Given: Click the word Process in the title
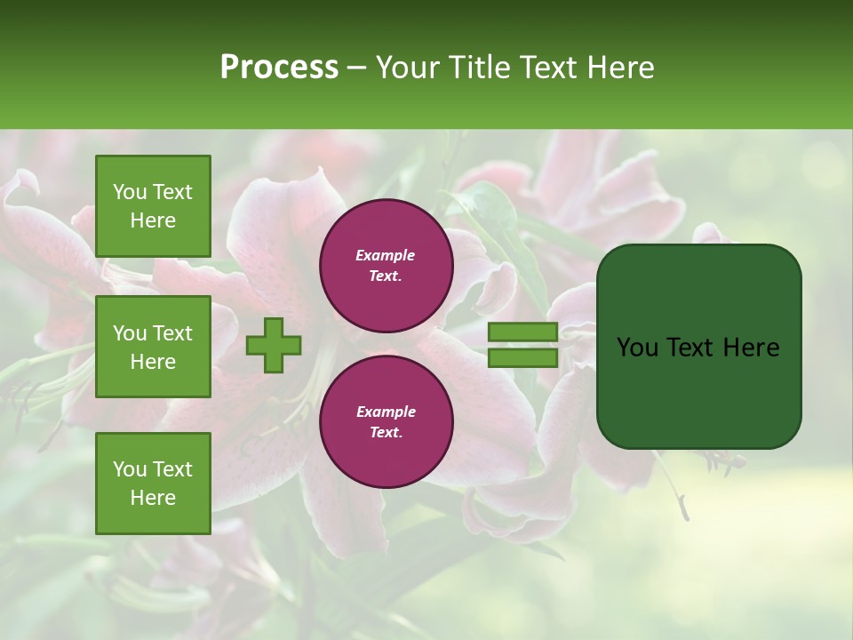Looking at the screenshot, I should (279, 68).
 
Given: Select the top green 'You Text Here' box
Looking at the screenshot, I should (153, 206).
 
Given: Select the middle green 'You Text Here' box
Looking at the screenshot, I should (153, 347).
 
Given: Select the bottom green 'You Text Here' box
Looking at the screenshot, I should (153, 484).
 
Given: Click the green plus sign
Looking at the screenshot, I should (274, 345).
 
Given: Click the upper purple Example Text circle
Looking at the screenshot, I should (386, 265).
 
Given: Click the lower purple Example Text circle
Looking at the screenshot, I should (386, 421).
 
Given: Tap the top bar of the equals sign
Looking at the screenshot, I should (523, 332).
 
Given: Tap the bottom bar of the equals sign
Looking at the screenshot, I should (523, 357).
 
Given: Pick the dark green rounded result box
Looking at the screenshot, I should (698, 346).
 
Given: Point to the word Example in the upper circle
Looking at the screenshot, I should (386, 255).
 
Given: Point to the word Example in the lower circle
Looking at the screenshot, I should (386, 412).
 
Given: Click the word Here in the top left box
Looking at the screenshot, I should (153, 220).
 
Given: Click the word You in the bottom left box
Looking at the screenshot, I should (130, 469).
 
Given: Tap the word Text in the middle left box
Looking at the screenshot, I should (171, 333).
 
